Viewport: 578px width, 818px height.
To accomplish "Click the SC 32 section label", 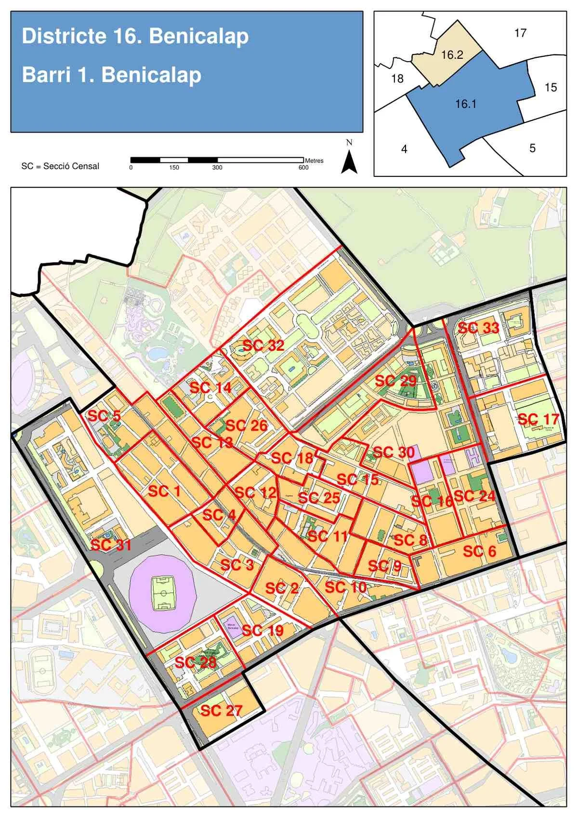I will pyautogui.click(x=263, y=345).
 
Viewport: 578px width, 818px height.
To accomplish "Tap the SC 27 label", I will pyautogui.click(x=221, y=710).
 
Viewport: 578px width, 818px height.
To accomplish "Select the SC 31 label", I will pyautogui.click(x=111, y=545).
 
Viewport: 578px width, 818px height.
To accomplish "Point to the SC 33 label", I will pyautogui.click(x=478, y=328).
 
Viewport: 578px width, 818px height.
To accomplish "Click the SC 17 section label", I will pyautogui.click(x=538, y=419).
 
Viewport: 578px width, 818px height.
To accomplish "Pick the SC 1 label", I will pyautogui.click(x=164, y=491).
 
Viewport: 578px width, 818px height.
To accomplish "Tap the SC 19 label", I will pyautogui.click(x=263, y=630).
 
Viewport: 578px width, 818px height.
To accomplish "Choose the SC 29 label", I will pyautogui.click(x=395, y=381).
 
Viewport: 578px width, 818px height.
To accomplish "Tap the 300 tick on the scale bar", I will pyautogui.click(x=217, y=168).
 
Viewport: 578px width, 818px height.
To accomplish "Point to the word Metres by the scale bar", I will pyautogui.click(x=314, y=160).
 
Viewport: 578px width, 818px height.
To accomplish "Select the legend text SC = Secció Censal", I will pyautogui.click(x=60, y=166).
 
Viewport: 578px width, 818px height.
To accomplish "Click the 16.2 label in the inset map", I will pyautogui.click(x=452, y=55).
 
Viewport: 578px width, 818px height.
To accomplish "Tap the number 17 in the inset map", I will pyautogui.click(x=520, y=33).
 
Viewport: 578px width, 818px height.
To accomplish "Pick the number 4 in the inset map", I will pyautogui.click(x=404, y=149).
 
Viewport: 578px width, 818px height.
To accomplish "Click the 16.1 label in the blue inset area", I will pyautogui.click(x=465, y=104).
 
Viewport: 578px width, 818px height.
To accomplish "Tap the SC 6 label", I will pyautogui.click(x=479, y=551).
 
